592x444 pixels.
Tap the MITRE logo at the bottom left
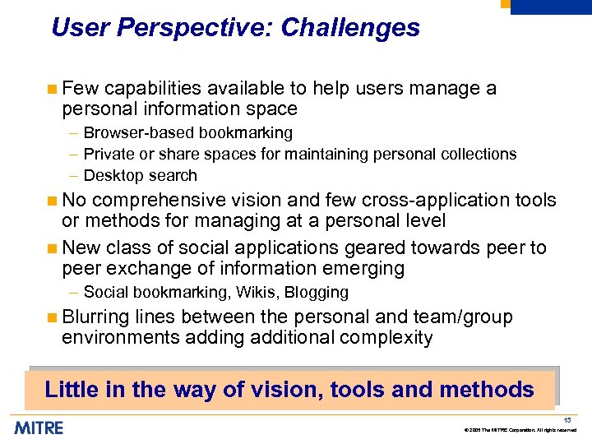pyautogui.click(x=38, y=428)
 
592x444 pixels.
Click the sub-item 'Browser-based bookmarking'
pyautogui.click(x=187, y=133)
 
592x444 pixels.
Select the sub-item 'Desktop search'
pyautogui.click(x=141, y=176)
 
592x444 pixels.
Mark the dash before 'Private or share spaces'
pyautogui.click(x=74, y=155)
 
